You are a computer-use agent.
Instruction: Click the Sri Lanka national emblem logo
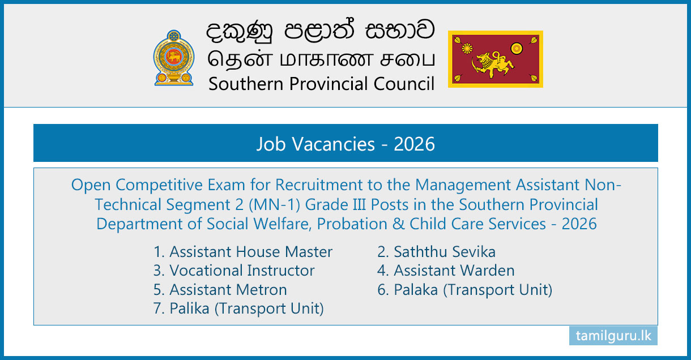(174, 58)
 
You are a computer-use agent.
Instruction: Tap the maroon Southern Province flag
(496, 59)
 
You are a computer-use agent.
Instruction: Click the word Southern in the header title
(246, 84)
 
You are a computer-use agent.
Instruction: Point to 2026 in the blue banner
(414, 144)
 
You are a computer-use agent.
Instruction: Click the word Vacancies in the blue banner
(334, 144)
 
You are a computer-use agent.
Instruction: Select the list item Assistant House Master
(243, 251)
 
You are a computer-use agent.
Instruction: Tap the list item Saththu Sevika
(437, 251)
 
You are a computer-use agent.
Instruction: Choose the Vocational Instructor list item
(234, 271)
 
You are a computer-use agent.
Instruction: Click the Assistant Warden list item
(446, 271)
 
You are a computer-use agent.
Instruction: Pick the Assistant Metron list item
(220, 289)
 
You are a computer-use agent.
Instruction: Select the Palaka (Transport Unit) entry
(464, 290)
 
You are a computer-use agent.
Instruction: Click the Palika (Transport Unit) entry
(238, 308)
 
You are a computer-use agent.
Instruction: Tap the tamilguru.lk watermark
(613, 336)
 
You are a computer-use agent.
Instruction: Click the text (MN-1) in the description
(274, 205)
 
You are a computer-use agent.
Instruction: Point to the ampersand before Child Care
(398, 224)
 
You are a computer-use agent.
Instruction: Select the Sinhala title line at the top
(321, 30)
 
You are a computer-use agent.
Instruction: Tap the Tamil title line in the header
(321, 59)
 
